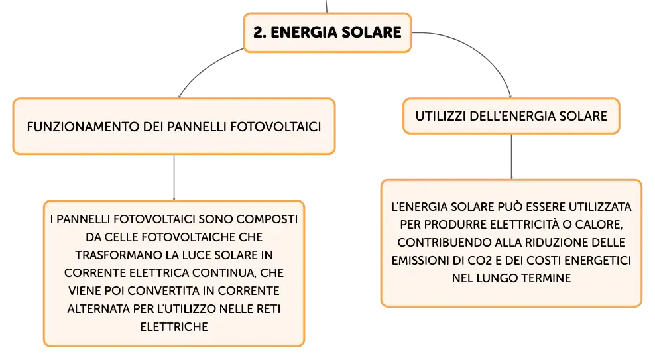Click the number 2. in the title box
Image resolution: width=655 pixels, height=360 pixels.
[259, 32]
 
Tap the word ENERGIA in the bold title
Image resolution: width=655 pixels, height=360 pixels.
[302, 32]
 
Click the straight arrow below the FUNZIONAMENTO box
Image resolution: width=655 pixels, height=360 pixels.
[174, 178]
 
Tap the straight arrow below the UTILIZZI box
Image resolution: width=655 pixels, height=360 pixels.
[511, 156]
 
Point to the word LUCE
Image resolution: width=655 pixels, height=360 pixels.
[196, 255]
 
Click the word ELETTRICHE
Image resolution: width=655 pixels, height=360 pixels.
[174, 327]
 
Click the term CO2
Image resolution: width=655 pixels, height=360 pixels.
[479, 261]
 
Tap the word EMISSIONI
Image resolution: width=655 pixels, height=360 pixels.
[420, 261]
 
